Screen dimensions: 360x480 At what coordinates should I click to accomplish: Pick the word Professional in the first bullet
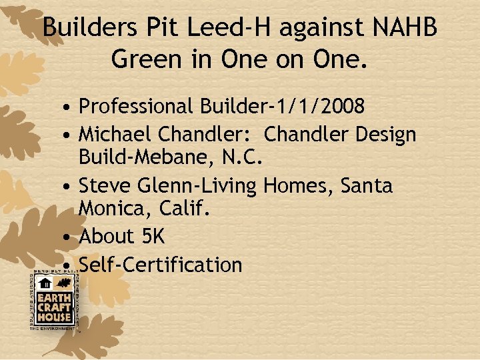coord(135,106)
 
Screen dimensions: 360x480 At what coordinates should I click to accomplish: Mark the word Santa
coord(367,185)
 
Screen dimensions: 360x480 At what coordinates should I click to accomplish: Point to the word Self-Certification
coord(160,265)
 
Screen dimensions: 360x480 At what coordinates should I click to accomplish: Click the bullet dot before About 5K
coord(69,237)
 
